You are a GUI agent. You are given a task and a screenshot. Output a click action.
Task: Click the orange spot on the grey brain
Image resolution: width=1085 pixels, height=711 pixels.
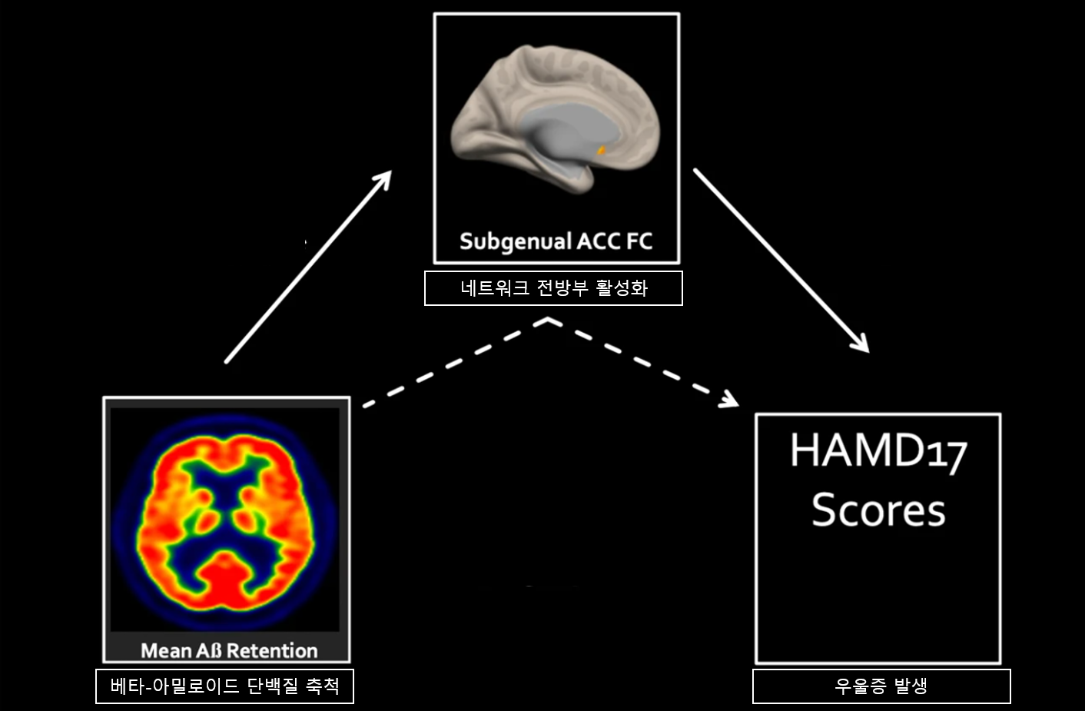tap(602, 151)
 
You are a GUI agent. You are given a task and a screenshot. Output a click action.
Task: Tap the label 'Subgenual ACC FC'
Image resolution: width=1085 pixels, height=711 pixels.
tap(556, 241)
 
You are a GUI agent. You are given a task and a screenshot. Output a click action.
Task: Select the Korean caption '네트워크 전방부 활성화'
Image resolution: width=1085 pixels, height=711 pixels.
tap(553, 288)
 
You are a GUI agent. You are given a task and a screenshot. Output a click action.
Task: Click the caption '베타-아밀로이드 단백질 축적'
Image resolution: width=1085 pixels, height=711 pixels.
tap(224, 686)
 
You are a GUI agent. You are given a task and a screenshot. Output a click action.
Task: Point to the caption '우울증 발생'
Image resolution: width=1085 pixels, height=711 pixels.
tap(881, 686)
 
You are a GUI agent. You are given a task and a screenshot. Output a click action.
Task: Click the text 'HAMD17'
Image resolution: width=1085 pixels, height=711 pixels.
tap(878, 451)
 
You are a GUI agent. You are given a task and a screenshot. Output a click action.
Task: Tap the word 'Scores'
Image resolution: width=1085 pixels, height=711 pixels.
tap(878, 510)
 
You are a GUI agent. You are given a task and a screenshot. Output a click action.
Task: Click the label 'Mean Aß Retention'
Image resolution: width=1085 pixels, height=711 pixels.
tap(229, 650)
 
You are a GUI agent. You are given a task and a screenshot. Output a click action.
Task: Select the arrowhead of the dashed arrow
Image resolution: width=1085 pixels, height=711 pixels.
tap(729, 400)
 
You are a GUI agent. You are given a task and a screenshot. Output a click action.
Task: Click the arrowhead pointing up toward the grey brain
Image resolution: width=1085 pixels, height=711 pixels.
tap(383, 180)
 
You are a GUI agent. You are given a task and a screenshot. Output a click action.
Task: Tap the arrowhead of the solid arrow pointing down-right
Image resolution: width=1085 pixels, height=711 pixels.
tap(860, 343)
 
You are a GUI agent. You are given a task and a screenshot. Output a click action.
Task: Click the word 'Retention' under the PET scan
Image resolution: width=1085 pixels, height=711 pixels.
tap(272, 650)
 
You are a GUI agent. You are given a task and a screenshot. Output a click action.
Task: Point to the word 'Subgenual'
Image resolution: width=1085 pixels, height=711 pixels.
tap(515, 241)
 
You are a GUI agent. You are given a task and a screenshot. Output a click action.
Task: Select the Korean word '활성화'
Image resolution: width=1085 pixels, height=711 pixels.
tap(622, 288)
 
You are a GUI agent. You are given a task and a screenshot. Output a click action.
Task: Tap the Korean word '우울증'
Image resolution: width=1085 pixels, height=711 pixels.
tap(860, 686)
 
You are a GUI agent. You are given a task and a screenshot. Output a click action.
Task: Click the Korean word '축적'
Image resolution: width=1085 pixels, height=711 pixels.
tap(323, 686)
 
